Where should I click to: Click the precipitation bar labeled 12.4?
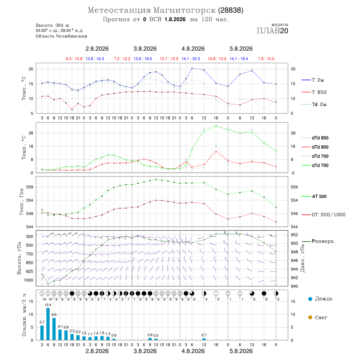pos(48,324)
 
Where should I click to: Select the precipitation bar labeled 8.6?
pos(54,329)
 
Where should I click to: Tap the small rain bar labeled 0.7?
pos(204,339)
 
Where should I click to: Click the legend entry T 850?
pos(314,92)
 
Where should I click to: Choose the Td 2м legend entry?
pos(314,104)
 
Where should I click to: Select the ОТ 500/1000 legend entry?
pos(323,215)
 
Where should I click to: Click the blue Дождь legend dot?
pos(310,299)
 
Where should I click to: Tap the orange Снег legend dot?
pos(310,317)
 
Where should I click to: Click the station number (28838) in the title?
pos(231,10)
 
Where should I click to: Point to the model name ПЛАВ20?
pos(272,31)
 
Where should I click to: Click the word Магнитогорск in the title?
pos(184,10)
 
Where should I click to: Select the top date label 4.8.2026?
pos(193,49)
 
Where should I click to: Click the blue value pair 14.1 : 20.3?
pos(190,59)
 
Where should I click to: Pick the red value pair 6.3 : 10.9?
pos(74,59)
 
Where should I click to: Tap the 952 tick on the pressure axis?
pos(294,235)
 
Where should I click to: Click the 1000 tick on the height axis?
pos(28,280)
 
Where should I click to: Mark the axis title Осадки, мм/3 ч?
pos(24,315)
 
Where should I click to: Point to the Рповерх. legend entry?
pos(318,241)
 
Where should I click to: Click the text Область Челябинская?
pos(61,36)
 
